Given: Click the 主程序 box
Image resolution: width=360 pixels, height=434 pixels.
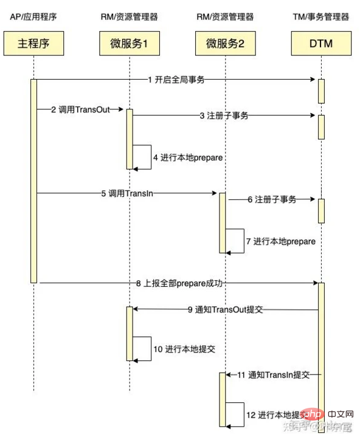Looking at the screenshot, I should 34,44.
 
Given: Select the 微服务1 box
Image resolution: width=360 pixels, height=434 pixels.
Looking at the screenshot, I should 129,44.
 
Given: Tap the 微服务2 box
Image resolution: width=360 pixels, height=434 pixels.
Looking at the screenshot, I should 224,44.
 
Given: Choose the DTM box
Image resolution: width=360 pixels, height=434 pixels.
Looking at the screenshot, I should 320,44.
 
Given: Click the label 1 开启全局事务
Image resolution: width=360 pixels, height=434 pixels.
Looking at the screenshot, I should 176,80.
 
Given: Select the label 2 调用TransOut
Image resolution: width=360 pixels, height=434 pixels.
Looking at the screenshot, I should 80,110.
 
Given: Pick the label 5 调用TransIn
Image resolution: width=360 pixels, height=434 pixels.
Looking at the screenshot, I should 128,194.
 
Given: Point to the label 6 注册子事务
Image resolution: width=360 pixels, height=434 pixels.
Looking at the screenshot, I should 272,199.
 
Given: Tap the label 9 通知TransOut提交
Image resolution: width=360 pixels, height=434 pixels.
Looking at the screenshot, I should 225,309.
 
